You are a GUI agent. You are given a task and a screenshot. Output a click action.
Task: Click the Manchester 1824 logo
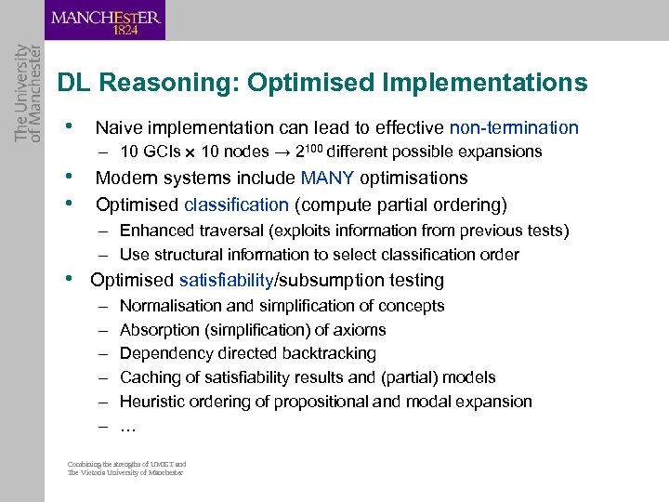105,20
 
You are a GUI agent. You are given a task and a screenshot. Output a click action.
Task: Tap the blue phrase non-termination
514,128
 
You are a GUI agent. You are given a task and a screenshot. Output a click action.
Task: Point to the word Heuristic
153,402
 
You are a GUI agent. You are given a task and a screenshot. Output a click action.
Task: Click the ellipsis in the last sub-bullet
128,427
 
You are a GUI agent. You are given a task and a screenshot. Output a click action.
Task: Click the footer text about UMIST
126,468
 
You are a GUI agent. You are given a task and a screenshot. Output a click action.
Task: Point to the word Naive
117,128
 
